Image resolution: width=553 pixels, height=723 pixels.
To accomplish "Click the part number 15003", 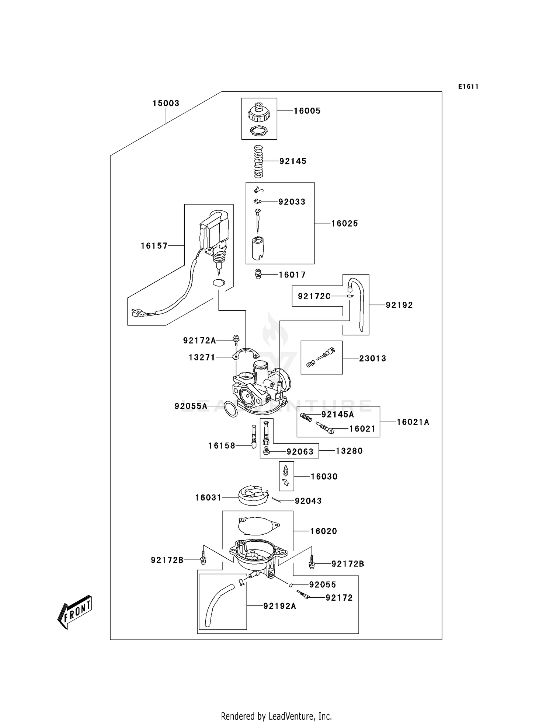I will [166, 104].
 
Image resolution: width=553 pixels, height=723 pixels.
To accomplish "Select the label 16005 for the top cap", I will [307, 111].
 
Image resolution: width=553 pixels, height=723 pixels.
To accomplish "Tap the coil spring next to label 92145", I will [259, 161].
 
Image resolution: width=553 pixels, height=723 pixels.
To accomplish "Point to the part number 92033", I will [292, 202].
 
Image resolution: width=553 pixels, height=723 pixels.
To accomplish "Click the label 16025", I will [344, 223].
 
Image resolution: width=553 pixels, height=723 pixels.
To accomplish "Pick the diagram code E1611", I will [468, 87].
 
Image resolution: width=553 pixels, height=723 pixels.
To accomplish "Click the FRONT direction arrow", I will [75, 611].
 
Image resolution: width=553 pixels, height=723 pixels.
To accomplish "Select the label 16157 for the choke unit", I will [154, 246].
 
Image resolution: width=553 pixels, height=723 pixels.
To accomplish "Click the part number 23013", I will [372, 358].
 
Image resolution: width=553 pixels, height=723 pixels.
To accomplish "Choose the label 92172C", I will [314, 296].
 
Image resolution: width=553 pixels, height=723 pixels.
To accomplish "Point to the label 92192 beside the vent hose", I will [399, 305].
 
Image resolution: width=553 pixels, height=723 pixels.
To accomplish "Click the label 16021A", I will [413, 422].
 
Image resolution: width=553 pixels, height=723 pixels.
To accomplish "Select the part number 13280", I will [349, 451].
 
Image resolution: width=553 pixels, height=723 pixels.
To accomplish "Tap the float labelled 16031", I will [252, 496].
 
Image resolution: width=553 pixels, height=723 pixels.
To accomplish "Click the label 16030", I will [324, 476].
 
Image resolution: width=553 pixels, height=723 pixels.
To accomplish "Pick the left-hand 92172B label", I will [167, 560].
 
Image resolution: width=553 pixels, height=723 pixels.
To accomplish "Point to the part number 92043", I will [308, 501].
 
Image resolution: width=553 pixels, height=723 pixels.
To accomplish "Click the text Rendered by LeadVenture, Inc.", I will [276, 716].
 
